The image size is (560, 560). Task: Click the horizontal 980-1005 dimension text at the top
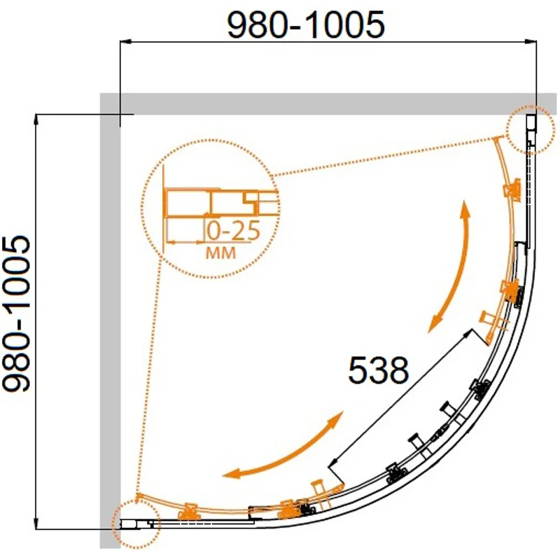click(x=306, y=24)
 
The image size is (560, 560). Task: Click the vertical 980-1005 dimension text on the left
click(x=16, y=314)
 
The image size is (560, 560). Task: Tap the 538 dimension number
click(x=378, y=370)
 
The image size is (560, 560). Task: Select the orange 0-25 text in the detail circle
click(x=234, y=231)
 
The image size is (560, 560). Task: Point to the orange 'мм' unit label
click(x=221, y=253)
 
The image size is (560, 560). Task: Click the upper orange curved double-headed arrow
click(x=453, y=268)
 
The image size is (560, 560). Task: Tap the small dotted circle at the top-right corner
click(x=531, y=130)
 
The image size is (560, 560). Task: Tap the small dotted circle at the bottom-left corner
click(x=136, y=524)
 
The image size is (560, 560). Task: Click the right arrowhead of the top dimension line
click(x=531, y=42)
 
